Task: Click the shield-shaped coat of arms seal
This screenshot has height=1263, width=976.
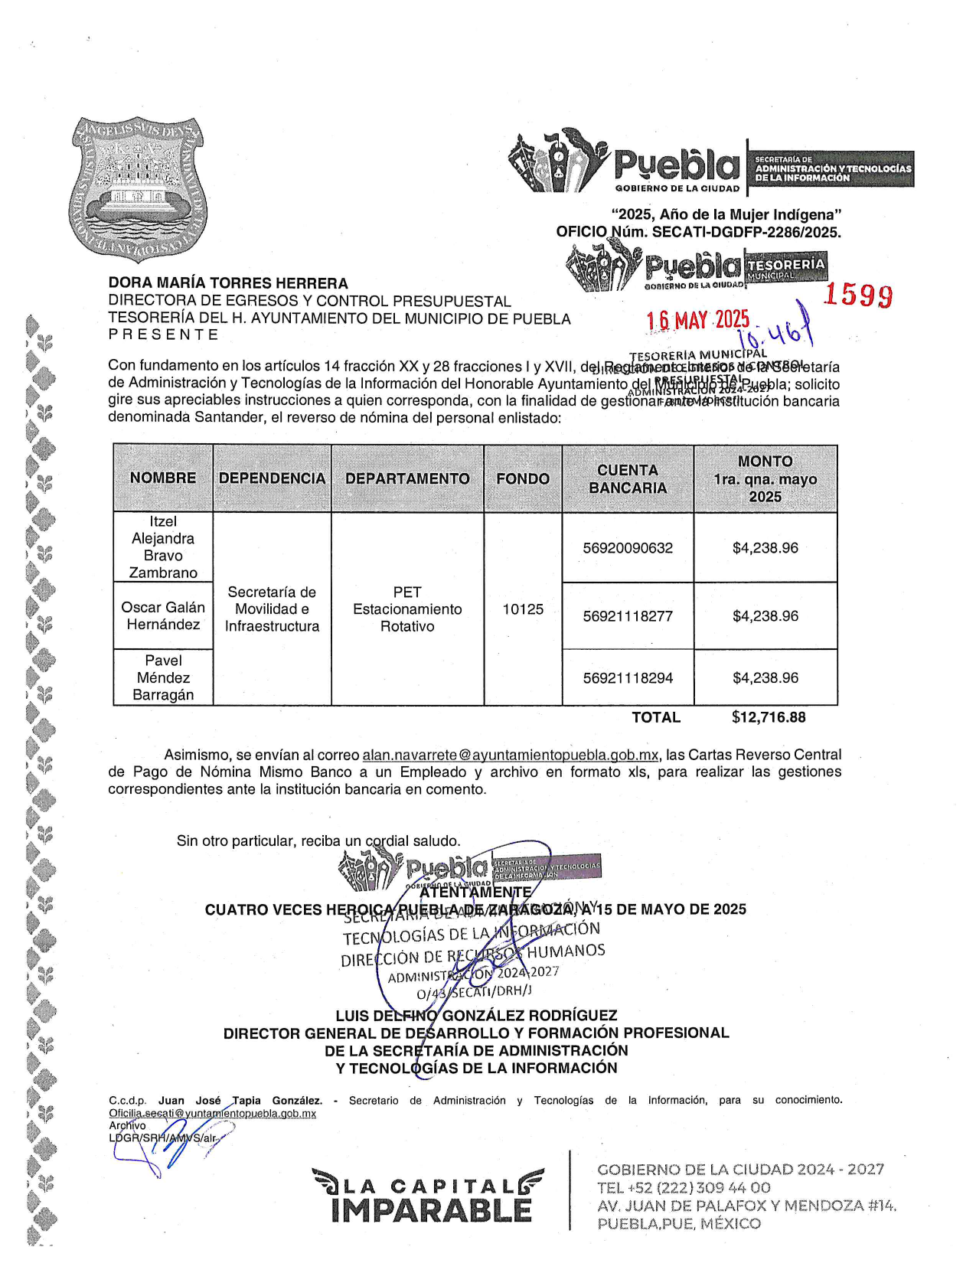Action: pos(138,188)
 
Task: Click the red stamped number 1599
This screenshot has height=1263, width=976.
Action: pos(858,295)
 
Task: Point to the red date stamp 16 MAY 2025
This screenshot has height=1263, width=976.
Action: pos(698,320)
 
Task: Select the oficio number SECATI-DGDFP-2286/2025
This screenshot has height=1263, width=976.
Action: pos(746,232)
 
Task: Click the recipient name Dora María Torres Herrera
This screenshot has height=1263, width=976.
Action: pos(228,283)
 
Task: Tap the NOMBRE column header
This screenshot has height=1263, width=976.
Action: pos(163,478)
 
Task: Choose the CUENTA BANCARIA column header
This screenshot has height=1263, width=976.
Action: pos(628,479)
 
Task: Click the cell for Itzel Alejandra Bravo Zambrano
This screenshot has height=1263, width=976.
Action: pos(163,547)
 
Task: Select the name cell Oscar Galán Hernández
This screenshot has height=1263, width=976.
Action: pos(163,616)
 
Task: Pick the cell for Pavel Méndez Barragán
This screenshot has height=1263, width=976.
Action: pos(163,677)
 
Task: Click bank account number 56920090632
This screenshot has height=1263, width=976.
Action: pos(628,548)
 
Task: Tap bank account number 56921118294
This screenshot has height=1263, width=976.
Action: pos(628,678)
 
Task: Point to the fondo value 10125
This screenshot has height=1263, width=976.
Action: pos(523,609)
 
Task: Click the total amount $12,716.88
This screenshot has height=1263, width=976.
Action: pos(769,717)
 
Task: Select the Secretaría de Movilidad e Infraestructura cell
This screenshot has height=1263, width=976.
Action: pos(272,609)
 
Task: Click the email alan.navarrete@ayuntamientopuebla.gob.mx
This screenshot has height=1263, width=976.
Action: pos(510,755)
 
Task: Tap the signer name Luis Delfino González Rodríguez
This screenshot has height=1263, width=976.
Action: pos(476,1016)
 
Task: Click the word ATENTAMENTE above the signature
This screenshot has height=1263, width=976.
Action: pos(475,892)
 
